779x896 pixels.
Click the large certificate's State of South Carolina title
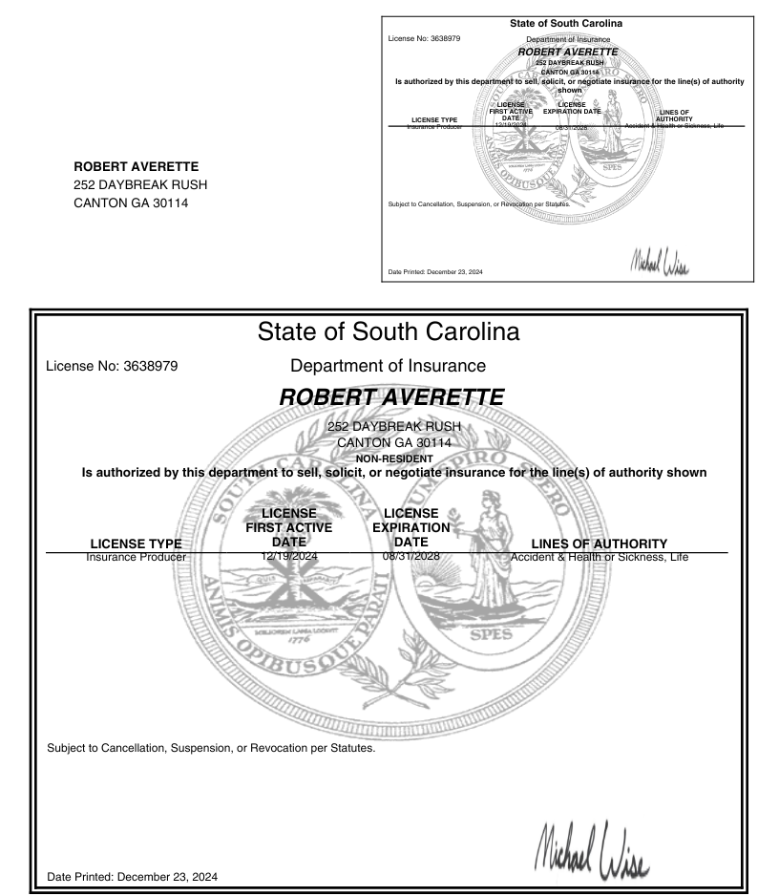389,333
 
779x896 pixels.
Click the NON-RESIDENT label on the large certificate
389,458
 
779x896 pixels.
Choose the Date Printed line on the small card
435,272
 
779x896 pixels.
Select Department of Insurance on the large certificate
389,365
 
